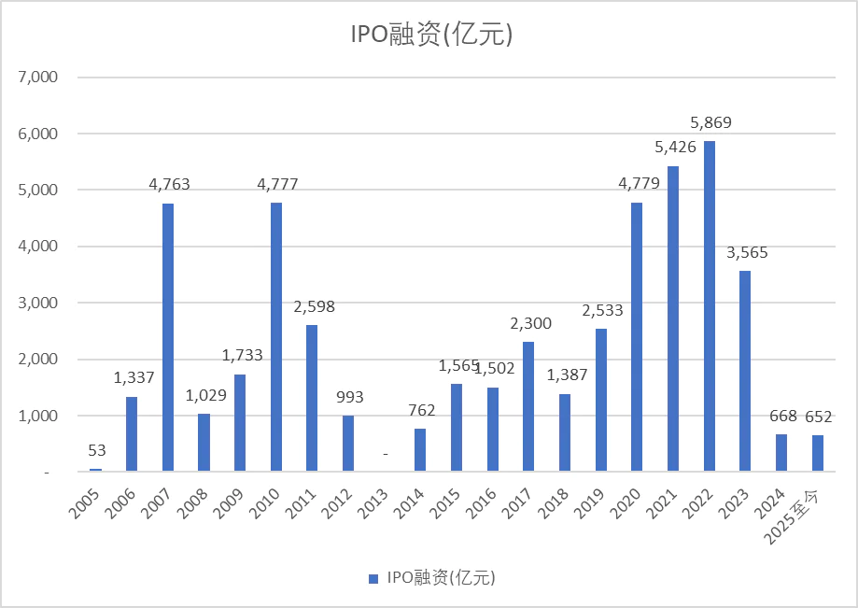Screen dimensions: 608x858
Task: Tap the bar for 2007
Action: (168, 337)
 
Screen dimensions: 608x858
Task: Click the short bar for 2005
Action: (95, 470)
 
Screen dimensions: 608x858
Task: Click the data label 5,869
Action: (710, 122)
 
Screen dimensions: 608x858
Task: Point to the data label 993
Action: (348, 397)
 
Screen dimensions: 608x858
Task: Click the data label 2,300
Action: (530, 323)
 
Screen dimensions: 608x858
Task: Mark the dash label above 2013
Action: (385, 454)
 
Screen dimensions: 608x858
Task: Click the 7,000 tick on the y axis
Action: (38, 78)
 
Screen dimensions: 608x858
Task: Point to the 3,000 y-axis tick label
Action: (38, 303)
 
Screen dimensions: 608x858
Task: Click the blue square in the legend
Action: (373, 577)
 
